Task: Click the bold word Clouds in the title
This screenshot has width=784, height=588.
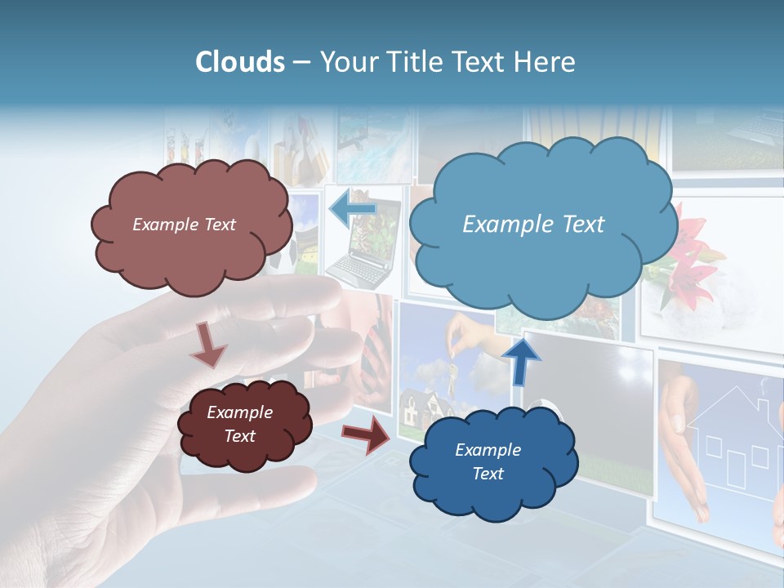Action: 239,62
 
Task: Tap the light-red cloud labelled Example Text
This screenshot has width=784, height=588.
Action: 189,245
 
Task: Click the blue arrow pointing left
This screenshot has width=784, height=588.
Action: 352,209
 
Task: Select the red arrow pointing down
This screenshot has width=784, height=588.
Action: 208,344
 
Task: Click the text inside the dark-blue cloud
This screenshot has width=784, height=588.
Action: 488,461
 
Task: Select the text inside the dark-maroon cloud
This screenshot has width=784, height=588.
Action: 239,424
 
